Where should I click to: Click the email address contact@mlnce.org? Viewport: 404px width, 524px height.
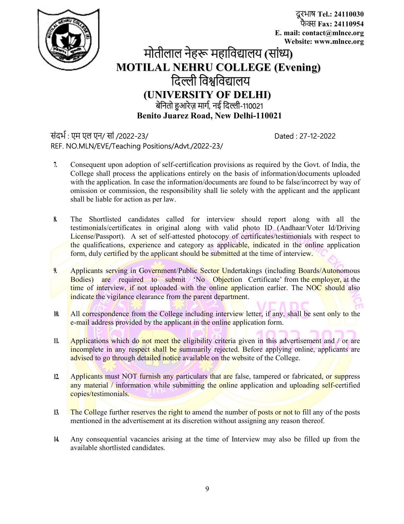(x=333, y=33)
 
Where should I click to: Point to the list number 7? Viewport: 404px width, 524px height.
(x=55, y=165)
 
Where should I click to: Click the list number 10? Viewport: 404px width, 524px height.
(x=56, y=314)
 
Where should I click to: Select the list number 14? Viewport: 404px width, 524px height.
(x=56, y=440)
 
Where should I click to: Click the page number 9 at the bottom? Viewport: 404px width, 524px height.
(x=207, y=489)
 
